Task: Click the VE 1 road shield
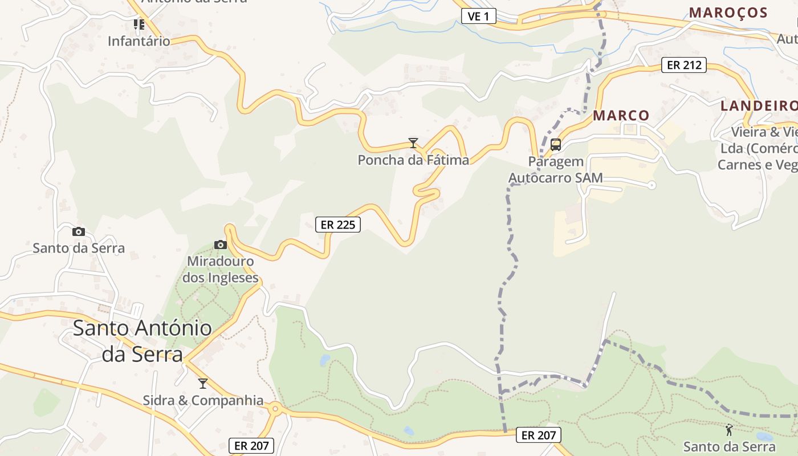click(x=478, y=16)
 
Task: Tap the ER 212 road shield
click(x=684, y=65)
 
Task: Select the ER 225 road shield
click(x=338, y=225)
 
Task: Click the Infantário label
click(x=139, y=41)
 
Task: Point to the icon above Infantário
click(x=139, y=25)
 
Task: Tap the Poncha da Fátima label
click(x=413, y=160)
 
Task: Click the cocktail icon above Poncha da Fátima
click(x=413, y=143)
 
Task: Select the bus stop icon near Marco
click(x=556, y=145)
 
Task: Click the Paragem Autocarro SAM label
click(x=556, y=170)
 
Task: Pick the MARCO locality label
click(x=621, y=116)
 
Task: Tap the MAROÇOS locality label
click(x=728, y=13)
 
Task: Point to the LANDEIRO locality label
click(x=759, y=106)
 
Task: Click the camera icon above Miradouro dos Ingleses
click(x=221, y=245)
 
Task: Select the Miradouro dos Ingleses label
click(x=220, y=270)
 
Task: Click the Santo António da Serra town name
click(x=142, y=341)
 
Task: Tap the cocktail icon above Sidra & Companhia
click(x=202, y=384)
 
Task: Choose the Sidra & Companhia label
click(x=203, y=400)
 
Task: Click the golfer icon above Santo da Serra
click(x=729, y=430)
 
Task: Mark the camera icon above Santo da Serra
click(x=79, y=231)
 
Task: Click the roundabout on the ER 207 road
click(x=276, y=408)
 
